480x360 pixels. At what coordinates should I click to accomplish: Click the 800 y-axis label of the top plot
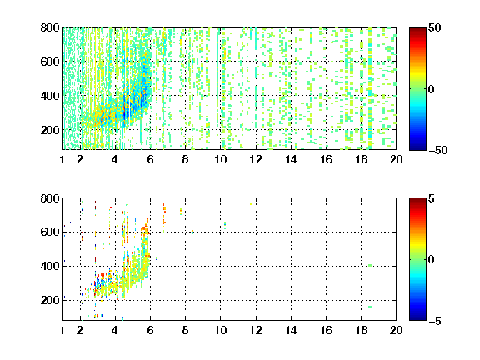coord(50,27)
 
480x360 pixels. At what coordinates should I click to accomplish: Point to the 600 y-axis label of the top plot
coord(50,62)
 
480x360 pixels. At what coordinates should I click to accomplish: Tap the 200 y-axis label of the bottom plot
coord(50,300)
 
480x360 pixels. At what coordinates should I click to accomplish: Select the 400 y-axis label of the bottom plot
coord(50,266)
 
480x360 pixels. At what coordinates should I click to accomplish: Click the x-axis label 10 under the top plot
coord(220,159)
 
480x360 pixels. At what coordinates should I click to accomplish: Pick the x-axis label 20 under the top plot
coord(396,159)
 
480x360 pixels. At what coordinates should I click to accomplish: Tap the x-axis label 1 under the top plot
coord(62,159)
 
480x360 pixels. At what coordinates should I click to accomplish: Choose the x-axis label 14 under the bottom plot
coord(291,330)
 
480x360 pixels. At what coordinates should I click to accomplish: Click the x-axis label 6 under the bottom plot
coord(150,330)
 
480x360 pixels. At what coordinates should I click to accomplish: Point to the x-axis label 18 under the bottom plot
coord(361,330)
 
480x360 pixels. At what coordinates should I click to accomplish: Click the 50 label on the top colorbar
coord(435,27)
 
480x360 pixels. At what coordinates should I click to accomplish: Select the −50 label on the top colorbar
coord(437,150)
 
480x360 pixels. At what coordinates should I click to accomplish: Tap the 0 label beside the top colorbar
coord(432,89)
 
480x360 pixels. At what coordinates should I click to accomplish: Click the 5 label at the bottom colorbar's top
coord(432,198)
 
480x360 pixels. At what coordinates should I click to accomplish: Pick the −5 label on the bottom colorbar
coord(435,321)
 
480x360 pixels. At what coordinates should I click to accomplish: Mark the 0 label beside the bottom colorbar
coord(432,260)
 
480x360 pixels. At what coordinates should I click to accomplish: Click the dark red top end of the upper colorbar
coord(417,29)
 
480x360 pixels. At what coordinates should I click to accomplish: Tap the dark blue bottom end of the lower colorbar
coord(417,318)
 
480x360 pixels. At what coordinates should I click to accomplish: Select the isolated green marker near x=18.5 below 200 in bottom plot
coord(370,307)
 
